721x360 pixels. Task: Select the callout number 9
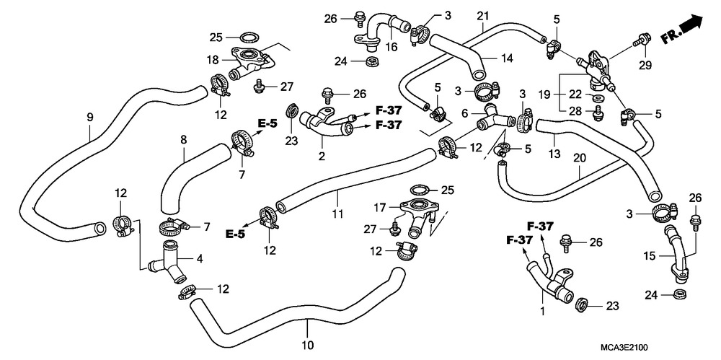[90, 118]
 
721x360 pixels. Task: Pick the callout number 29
[645, 66]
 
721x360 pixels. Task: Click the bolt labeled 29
[642, 40]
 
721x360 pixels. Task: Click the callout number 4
[200, 259]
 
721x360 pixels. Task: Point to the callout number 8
[183, 139]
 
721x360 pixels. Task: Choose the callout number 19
[544, 95]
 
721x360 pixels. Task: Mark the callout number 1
[543, 312]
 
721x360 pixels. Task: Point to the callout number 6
[465, 113]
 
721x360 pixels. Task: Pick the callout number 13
[554, 153]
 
